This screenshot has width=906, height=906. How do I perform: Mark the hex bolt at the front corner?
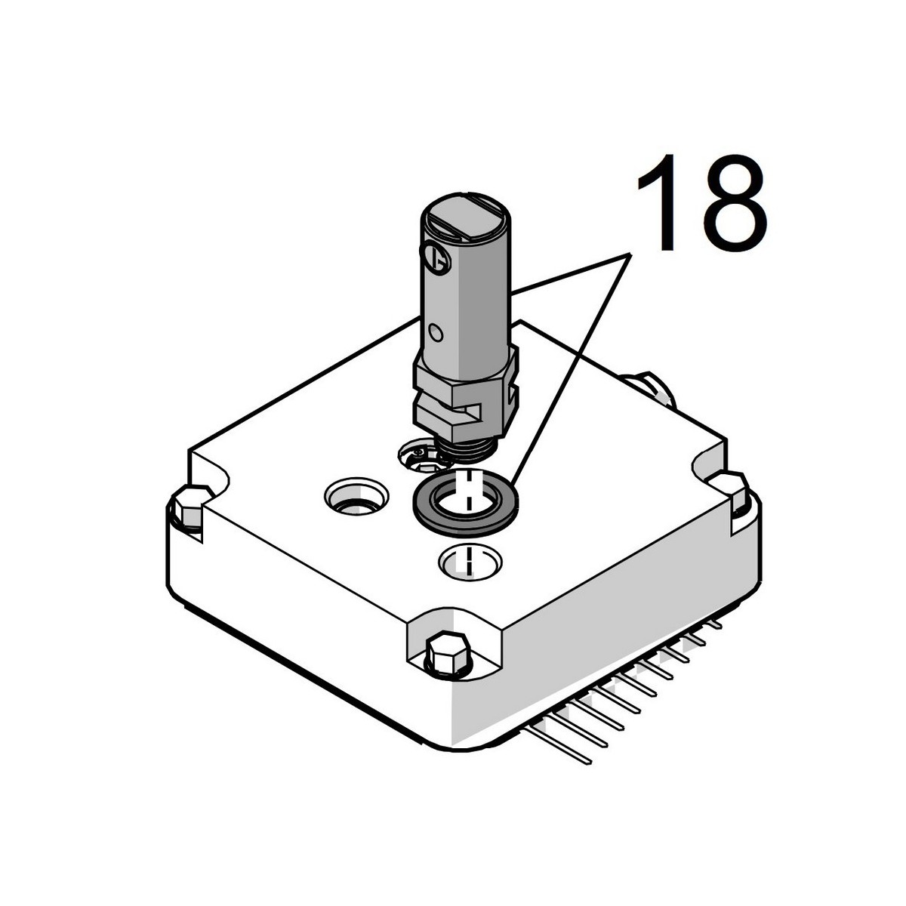(x=447, y=650)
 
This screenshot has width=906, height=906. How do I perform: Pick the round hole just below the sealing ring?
(x=470, y=562)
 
